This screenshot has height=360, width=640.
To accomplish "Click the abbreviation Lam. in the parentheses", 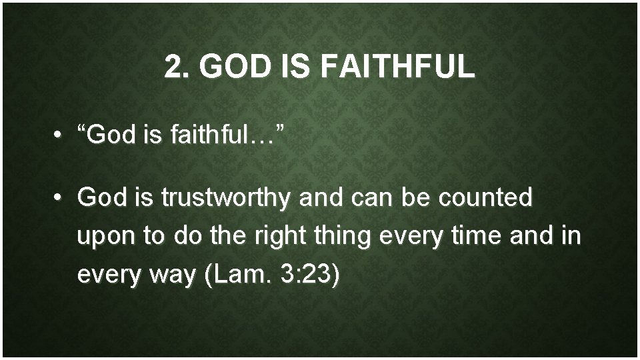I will click(x=233, y=273).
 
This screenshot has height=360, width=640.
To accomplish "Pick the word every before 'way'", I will click(x=107, y=275).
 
